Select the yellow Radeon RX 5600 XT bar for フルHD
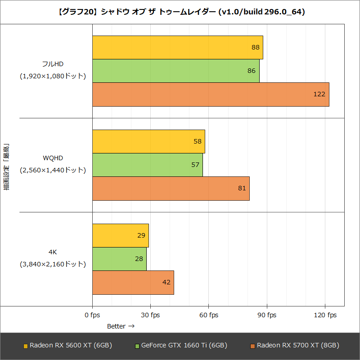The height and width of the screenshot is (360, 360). pos(177,47)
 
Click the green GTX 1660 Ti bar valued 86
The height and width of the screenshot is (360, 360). pos(175,71)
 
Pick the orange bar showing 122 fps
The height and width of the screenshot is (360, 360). pos(211,94)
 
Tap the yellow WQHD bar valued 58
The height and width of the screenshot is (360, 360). pos(148,141)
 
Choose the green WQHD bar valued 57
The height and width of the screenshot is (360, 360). pos(147,165)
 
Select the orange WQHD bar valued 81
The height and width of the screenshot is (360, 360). pos(171,188)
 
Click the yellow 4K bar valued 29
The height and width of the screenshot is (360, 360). pos(120,235)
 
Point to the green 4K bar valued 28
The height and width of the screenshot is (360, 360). pos(119,259)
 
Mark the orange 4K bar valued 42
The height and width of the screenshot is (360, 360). pos(133,282)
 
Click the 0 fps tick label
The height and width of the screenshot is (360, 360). pos(92,315)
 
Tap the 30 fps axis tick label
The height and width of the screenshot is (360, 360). pos(150,315)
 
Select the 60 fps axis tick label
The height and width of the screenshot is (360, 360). pos(209,315)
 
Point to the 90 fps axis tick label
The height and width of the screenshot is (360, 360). pos(267,315)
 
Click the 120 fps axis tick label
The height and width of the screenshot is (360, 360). pos(325,315)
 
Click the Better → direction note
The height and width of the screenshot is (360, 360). pos(121,326)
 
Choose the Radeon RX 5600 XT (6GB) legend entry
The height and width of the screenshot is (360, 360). pos(67,346)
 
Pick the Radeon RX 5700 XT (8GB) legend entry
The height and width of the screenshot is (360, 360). pos(295,346)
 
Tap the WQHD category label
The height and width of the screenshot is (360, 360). pos(53,158)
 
